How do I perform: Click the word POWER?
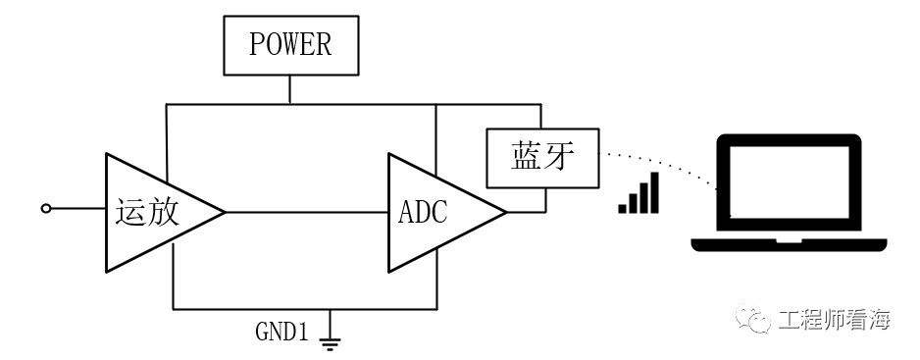click(x=290, y=45)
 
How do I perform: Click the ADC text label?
click(x=423, y=212)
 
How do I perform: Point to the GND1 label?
click(x=281, y=332)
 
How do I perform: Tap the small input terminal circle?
click(x=46, y=208)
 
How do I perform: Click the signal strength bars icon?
click(x=639, y=192)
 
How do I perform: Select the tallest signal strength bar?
click(x=654, y=192)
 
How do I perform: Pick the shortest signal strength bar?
click(x=623, y=209)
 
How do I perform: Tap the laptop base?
click(x=789, y=245)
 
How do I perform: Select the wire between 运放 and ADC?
click(x=306, y=212)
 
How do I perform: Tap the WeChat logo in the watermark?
click(x=753, y=318)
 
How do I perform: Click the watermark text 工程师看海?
click(x=835, y=321)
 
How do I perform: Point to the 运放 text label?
click(x=147, y=212)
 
